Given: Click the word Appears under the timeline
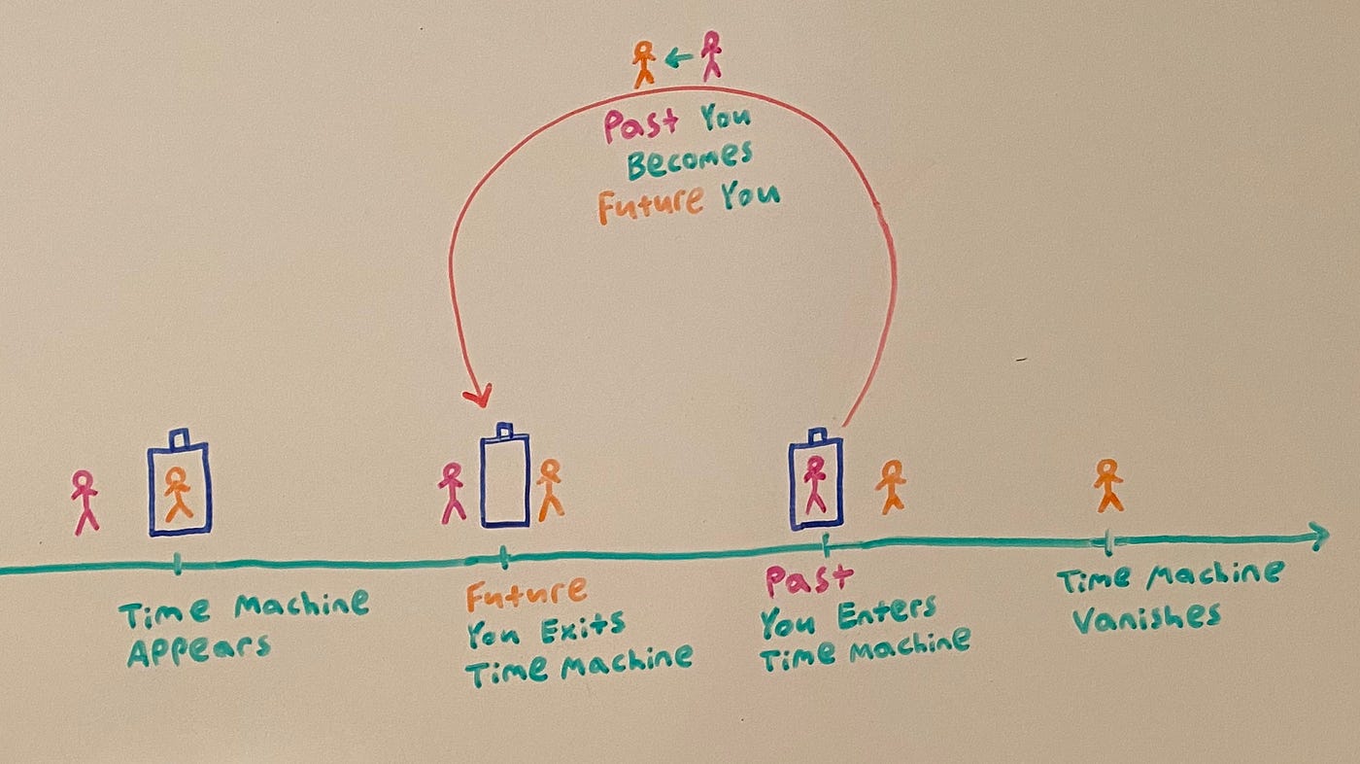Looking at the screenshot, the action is tap(197, 648).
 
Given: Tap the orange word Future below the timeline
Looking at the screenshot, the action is tap(526, 593).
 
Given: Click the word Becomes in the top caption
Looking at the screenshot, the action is tap(689, 161).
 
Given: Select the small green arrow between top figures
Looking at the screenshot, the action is tap(677, 59).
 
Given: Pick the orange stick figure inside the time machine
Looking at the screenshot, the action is tap(178, 494).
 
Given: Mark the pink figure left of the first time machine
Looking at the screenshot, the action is tap(85, 501).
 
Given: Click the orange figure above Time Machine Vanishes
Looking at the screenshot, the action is tap(1107, 485).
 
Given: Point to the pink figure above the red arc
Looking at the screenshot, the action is tap(712, 54).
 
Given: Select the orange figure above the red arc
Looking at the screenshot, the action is tap(643, 63).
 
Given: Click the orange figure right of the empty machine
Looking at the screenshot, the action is tap(550, 488).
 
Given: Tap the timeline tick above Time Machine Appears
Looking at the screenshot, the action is tap(177, 564).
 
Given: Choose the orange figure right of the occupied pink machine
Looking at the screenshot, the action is tap(890, 487).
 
